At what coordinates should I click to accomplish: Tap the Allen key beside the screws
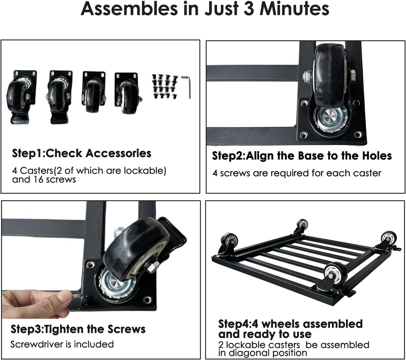[186, 87]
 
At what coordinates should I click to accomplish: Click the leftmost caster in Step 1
[21, 97]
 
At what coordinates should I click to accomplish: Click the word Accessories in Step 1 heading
[118, 153]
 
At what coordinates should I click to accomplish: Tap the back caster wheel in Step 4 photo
[302, 225]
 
